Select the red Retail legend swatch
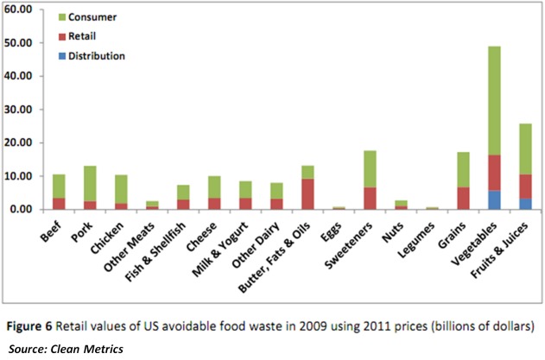coord(62,37)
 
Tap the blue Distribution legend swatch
coord(62,56)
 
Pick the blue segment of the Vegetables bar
coord(495,199)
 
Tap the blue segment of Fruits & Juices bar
coord(525,204)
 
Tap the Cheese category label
coord(206,235)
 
